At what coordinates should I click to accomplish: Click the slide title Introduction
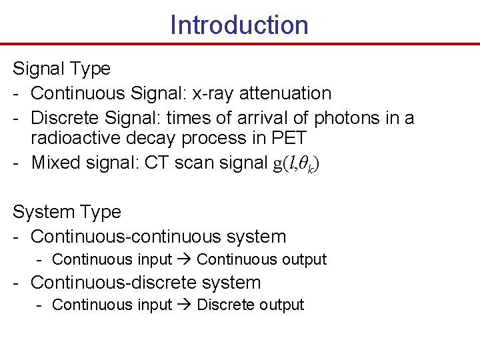click(x=239, y=25)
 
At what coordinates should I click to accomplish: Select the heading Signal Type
click(x=62, y=69)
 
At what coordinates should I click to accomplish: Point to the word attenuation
click(x=285, y=93)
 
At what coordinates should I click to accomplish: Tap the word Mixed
click(x=55, y=163)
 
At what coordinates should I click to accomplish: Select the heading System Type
click(x=67, y=212)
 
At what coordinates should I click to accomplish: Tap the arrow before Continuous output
click(x=185, y=259)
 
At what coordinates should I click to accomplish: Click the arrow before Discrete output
click(x=185, y=305)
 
